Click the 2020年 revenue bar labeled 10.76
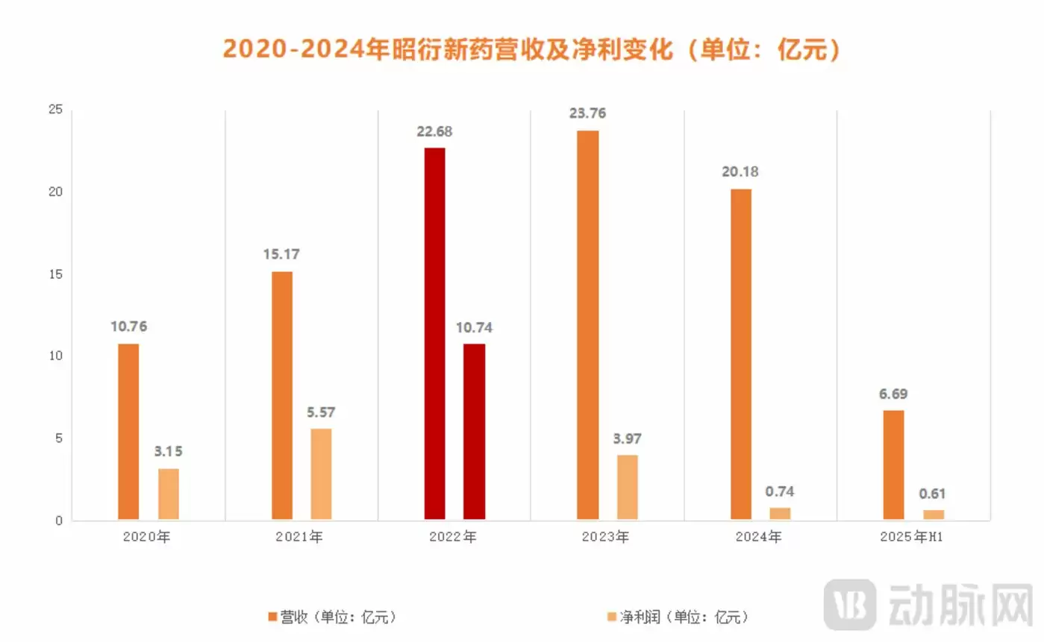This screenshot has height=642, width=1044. pos(128,432)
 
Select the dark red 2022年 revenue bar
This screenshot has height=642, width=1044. pos(434,333)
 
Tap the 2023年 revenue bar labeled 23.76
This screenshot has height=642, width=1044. pos(587,325)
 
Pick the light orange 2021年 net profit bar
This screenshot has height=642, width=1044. pos(321,474)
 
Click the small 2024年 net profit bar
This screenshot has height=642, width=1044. pos(780,514)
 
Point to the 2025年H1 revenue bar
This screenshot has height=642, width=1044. pos(893,465)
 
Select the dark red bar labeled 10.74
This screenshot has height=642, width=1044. pos(474,432)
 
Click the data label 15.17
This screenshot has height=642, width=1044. pos(281,254)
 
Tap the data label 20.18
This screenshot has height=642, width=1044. pos(740,172)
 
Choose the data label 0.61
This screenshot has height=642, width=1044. pos(933,494)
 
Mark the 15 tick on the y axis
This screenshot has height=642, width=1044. pos(54,274)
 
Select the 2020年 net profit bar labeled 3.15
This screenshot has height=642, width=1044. pos(169,494)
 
